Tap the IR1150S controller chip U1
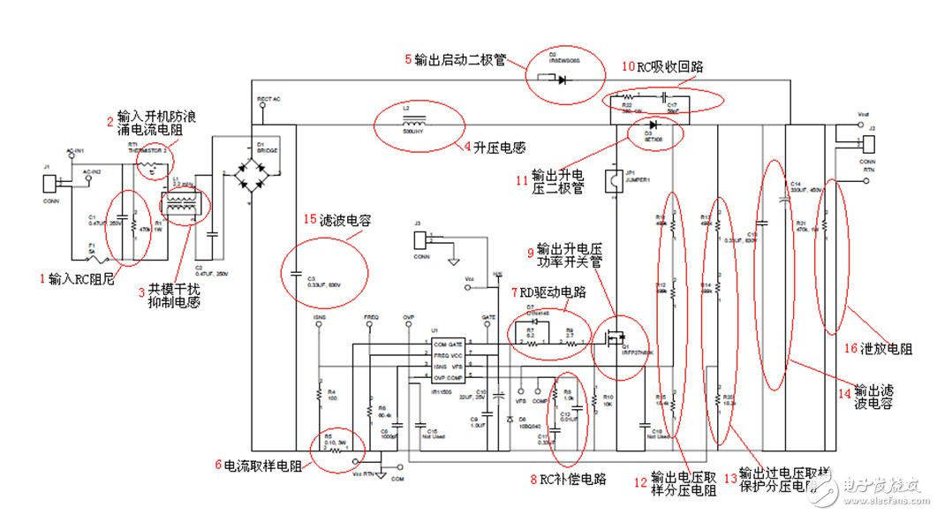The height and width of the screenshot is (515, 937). click(x=434, y=360)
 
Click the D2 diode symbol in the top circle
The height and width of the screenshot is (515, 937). click(x=562, y=79)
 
